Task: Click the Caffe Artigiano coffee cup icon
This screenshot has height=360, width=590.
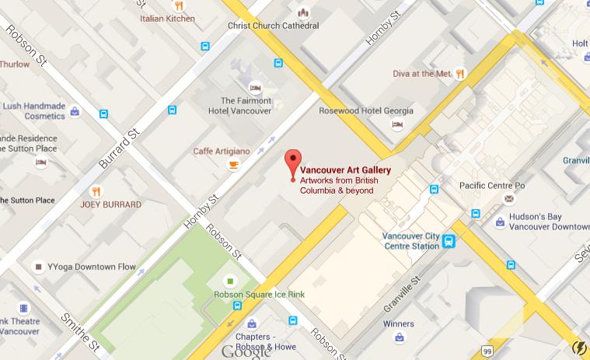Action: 233,165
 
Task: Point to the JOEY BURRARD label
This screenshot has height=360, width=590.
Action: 111,205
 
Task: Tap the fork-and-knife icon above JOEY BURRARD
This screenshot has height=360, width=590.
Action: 96,190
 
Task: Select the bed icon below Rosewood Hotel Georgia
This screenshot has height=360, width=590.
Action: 397,124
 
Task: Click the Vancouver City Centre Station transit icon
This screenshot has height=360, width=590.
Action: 449,242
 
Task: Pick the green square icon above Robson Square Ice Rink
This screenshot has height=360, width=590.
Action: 230,280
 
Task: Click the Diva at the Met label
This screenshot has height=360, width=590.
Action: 421,75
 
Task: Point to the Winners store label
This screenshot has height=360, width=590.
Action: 398,323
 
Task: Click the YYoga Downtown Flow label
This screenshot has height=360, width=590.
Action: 91,267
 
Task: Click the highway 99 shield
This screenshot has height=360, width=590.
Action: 487,351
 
